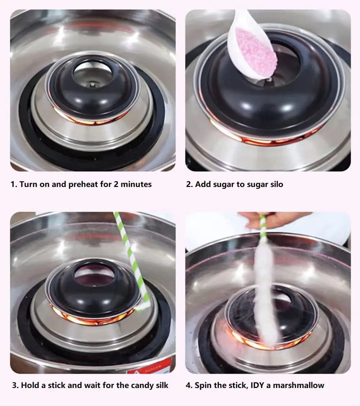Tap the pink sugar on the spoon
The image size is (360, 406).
[256, 52]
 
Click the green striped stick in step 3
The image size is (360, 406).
[132, 259]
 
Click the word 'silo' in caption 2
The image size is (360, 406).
[276, 184]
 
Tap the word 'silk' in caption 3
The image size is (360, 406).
[162, 385]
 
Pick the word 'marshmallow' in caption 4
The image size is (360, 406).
[298, 385]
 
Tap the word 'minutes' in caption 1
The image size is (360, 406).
[136, 184]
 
